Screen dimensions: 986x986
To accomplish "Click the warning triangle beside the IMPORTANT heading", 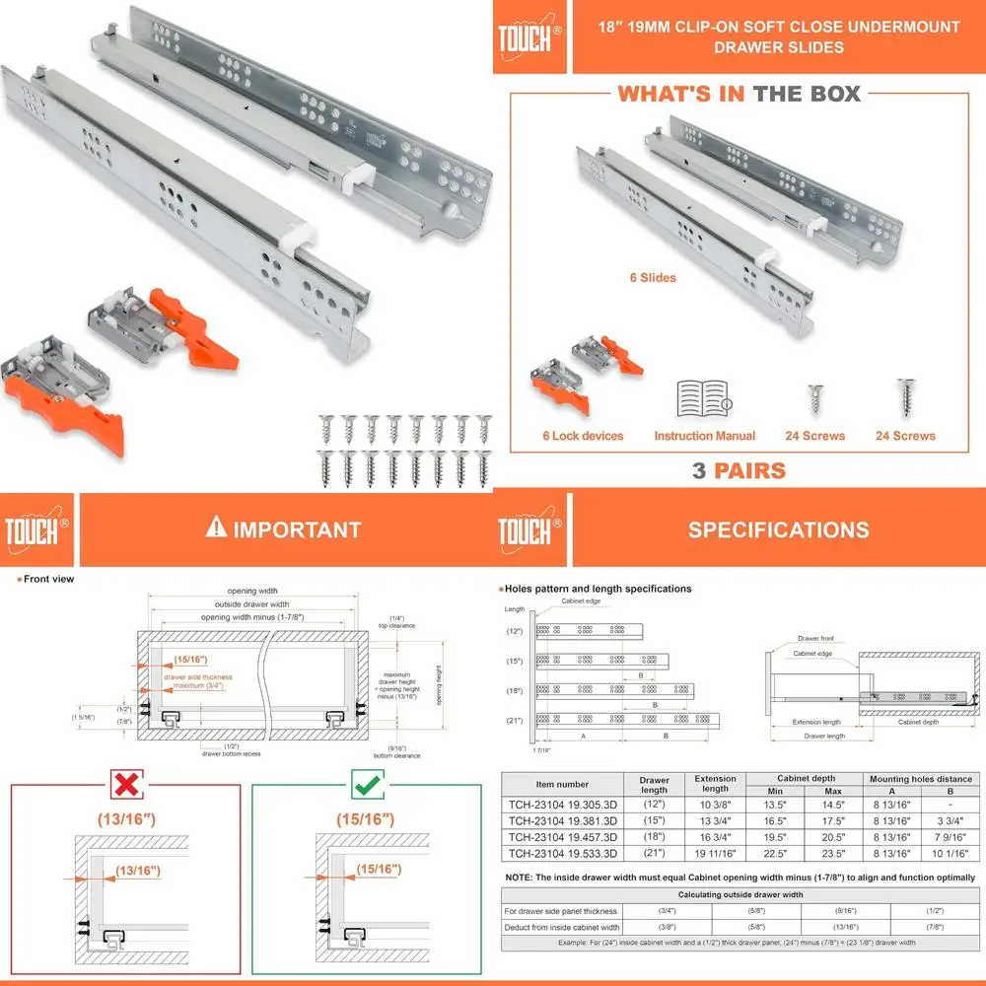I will tap(216, 528).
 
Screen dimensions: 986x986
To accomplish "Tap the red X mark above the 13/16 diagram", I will tap(124, 785).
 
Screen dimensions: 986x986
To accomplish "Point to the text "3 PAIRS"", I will tap(739, 470).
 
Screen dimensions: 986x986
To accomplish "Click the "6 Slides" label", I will tap(653, 278).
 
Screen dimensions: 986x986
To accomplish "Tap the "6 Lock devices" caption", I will tap(583, 436).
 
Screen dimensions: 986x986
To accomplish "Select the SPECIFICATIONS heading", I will tap(778, 529).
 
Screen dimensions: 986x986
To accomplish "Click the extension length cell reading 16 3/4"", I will tap(715, 836).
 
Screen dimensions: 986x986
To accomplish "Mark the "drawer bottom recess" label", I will tap(232, 754).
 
